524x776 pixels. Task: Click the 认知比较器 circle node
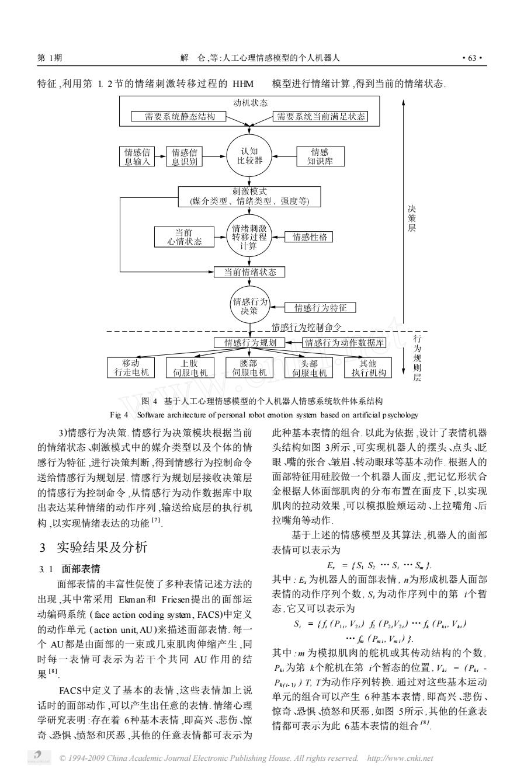pos(249,156)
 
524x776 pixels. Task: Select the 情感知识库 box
pos(321,156)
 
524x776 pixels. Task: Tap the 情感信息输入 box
pos(137,156)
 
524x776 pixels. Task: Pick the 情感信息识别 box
pos(184,156)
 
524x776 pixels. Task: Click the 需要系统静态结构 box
pos(179,116)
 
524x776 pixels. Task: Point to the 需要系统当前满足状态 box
pos(321,116)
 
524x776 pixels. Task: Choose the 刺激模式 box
pos(249,197)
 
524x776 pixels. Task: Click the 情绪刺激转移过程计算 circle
pos(249,237)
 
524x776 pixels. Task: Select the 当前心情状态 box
pos(184,237)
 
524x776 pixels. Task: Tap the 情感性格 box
pos(309,237)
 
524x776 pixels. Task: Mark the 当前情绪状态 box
pos(249,272)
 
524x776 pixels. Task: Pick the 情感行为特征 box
pos(320,308)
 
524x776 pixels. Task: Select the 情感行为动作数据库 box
pos(344,343)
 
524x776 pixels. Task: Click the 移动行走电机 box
pos(131,367)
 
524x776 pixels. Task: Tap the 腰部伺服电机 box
pos(249,367)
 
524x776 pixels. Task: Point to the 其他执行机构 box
pos(368,367)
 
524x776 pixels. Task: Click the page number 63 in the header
pos(472,58)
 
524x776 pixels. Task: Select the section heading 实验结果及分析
pos(102,547)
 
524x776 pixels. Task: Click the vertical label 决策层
pos(412,218)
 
